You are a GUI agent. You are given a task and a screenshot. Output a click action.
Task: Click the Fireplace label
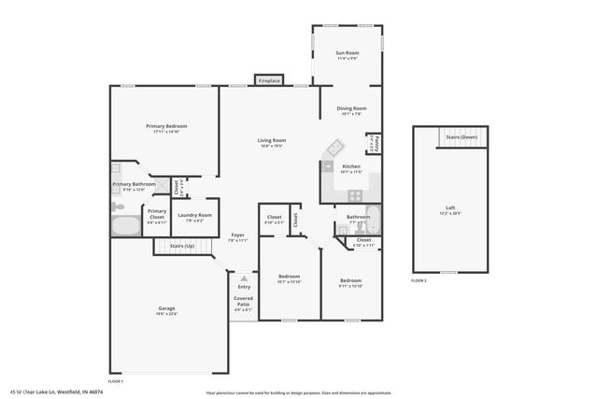[x=269, y=81]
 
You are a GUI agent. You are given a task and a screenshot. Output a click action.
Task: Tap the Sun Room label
[x=348, y=53]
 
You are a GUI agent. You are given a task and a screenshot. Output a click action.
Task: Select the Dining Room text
[x=351, y=109]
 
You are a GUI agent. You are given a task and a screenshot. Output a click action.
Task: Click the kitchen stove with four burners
[x=355, y=195]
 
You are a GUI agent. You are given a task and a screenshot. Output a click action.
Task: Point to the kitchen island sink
[x=335, y=148]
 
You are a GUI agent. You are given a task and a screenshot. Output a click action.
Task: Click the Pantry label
[x=375, y=142]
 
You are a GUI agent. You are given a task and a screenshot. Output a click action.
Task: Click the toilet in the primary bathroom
[x=118, y=203]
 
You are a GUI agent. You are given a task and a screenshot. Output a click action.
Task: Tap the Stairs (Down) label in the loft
[x=462, y=137]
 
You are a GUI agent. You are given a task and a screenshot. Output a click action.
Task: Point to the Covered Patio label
[x=243, y=302]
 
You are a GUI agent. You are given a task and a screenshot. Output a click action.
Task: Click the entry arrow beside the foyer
[x=243, y=278]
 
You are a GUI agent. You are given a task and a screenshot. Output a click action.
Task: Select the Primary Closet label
[x=157, y=212]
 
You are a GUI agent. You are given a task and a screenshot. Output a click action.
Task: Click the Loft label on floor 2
[x=450, y=207]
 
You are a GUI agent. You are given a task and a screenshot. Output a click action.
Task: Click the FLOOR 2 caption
[x=419, y=280]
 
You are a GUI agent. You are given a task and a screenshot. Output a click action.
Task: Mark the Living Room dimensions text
[x=272, y=147]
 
